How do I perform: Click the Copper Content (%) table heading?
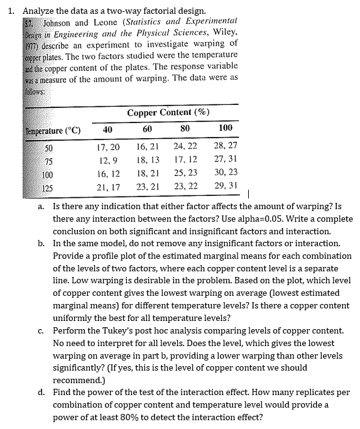pyautogui.click(x=168, y=113)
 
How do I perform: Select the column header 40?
pyautogui.click(x=107, y=129)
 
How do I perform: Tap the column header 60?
pyautogui.click(x=147, y=129)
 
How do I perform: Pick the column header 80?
pyautogui.click(x=185, y=129)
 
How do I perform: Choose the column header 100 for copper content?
pyautogui.click(x=225, y=129)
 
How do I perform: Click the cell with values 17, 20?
pyautogui.click(x=108, y=147)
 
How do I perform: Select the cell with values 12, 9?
pyautogui.click(x=108, y=160)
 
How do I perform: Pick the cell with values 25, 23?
pyautogui.click(x=185, y=174)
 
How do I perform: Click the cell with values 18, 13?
pyautogui.click(x=147, y=160)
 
